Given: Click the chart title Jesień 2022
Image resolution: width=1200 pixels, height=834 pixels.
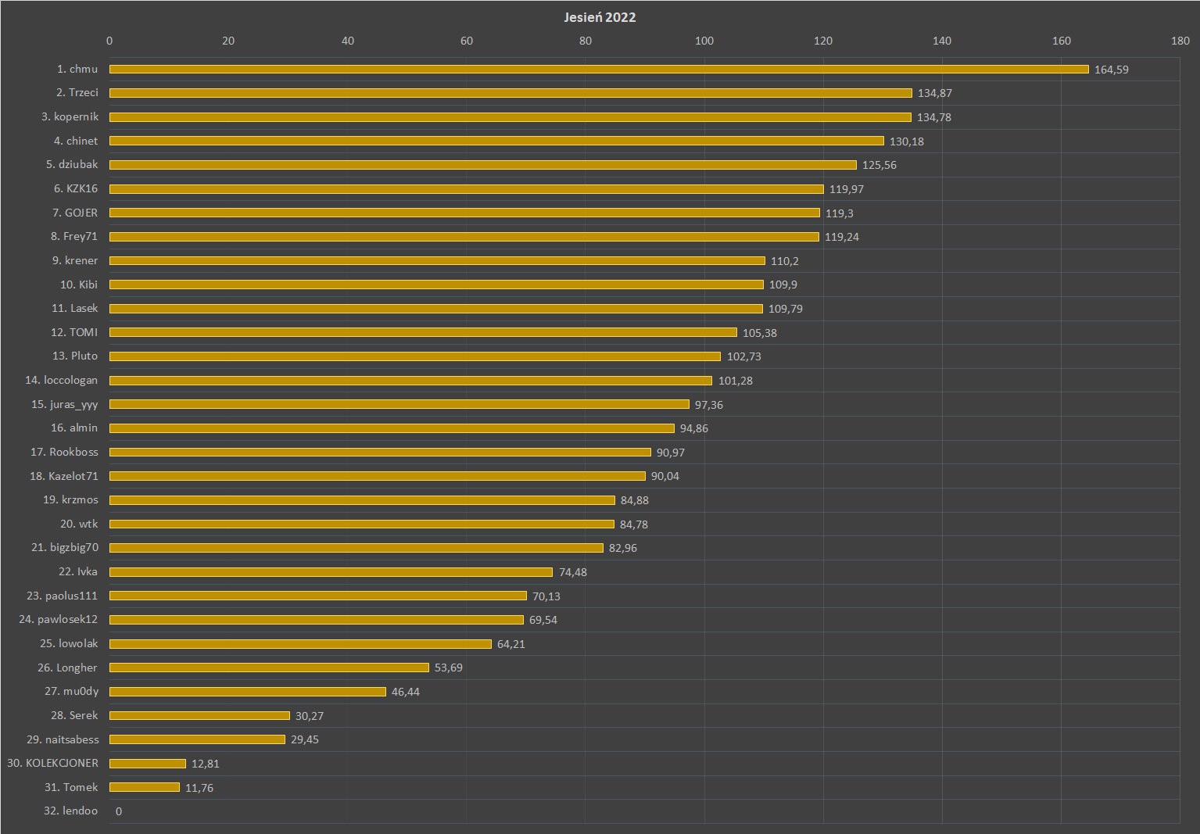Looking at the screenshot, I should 600,17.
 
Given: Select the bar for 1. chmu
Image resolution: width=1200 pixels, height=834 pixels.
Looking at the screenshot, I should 599,70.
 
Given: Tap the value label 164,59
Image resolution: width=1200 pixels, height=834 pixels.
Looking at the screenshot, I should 1111,70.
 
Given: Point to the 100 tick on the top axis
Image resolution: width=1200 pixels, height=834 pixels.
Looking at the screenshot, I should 704,41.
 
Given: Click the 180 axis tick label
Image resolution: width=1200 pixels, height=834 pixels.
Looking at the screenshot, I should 1180,41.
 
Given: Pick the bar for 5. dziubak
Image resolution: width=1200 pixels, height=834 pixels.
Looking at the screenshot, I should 482,165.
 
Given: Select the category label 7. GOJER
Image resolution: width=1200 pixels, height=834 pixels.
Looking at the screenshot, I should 75,213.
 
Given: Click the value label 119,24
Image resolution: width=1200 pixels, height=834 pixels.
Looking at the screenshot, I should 841,237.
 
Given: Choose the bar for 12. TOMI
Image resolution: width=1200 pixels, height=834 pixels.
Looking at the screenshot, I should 423,332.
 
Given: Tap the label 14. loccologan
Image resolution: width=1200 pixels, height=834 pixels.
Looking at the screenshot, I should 61,380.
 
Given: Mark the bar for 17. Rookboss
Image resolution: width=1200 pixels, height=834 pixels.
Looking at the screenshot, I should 380,452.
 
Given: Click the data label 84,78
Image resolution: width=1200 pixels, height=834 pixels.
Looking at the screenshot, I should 633,524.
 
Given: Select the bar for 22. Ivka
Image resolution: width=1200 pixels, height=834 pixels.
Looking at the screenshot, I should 331,572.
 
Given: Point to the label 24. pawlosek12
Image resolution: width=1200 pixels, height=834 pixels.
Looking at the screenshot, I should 59,620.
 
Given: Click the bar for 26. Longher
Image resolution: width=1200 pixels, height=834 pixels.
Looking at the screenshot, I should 269,668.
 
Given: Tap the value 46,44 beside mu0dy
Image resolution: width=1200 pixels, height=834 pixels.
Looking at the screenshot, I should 405,692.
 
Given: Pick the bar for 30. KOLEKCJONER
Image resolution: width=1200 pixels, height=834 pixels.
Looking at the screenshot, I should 148,764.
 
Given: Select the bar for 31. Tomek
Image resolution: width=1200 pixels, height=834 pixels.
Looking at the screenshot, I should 145,787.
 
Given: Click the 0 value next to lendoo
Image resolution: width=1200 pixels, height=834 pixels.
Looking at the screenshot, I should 119,811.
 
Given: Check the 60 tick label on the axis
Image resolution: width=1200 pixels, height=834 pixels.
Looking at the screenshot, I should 466,41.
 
